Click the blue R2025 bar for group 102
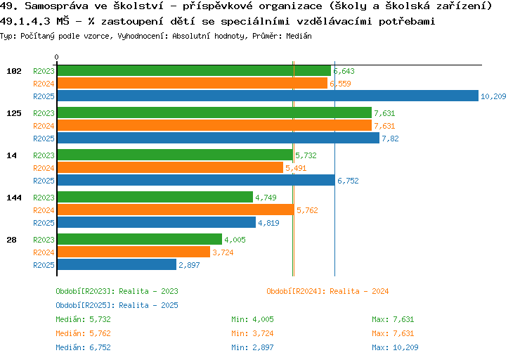(x=267, y=96)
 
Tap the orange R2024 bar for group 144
(x=175, y=210)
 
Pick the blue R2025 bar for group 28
(x=116, y=264)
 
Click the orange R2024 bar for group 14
(x=169, y=167)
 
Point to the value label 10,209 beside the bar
(x=493, y=96)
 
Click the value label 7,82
(x=390, y=139)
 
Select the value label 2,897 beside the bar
(x=190, y=265)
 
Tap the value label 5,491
(x=297, y=168)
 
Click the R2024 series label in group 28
(x=44, y=252)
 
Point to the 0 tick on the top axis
(x=56, y=57)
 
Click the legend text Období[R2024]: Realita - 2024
(x=327, y=291)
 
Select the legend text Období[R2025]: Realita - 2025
(x=117, y=305)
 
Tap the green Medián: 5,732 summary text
(x=82, y=319)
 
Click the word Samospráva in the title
(x=52, y=6)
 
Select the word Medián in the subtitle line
(x=298, y=36)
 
